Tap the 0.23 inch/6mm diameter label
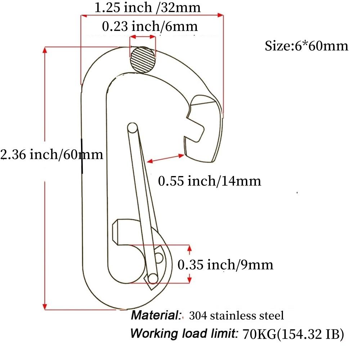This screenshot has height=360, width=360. [x=150, y=26]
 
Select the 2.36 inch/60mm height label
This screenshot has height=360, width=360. [x=52, y=155]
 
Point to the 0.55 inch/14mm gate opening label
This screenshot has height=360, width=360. [x=210, y=181]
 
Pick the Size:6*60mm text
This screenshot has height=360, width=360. [x=306, y=46]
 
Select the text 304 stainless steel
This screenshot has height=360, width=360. [x=236, y=316]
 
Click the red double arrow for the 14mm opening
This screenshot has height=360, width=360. [x=167, y=159]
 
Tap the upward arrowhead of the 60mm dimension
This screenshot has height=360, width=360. [x=45, y=50]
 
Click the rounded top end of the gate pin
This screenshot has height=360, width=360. [x=132, y=127]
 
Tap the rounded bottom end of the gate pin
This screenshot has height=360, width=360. [x=153, y=278]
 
